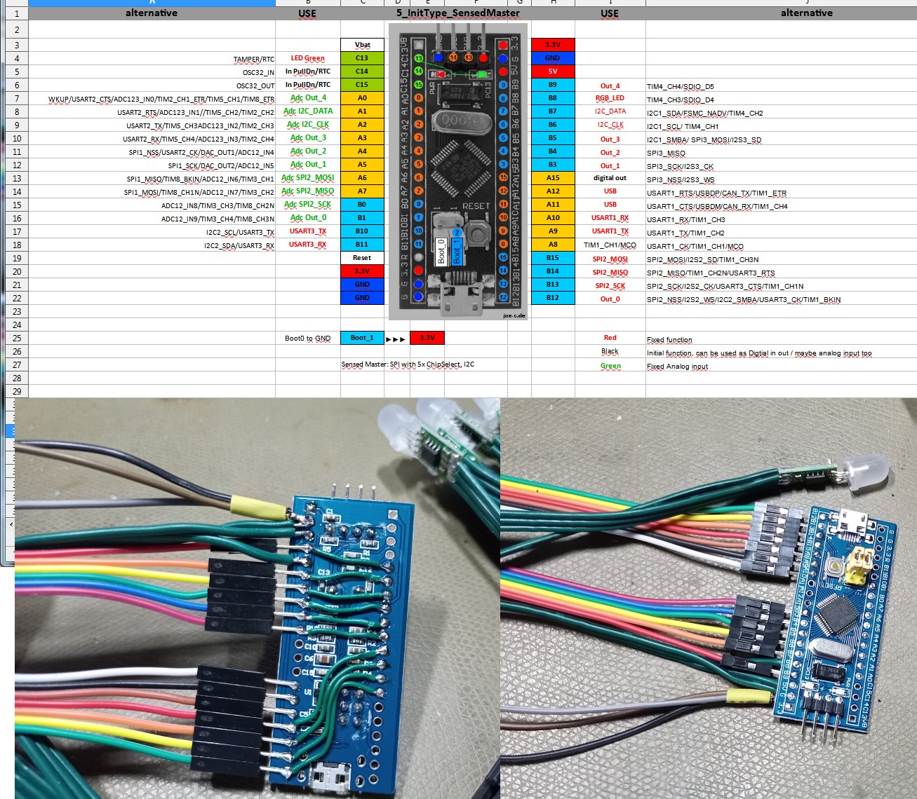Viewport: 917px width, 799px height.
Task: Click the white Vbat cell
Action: [x=362, y=45]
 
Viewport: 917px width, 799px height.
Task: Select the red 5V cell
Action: [x=553, y=71]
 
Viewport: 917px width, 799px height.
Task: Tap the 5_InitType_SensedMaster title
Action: [x=457, y=13]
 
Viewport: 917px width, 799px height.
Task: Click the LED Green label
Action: [x=307, y=58]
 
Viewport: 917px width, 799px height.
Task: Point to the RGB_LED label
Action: [x=610, y=98]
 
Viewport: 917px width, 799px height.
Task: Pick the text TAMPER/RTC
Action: [x=254, y=60]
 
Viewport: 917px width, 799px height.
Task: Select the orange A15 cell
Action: [x=553, y=178]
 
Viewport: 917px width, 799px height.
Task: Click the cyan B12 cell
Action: [x=553, y=298]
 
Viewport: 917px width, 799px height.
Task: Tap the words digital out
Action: [x=610, y=178]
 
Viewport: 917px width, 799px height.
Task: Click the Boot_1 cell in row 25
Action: [x=362, y=338]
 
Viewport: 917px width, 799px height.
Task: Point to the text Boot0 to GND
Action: [x=307, y=339]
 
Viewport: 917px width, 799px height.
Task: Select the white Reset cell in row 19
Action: [x=362, y=258]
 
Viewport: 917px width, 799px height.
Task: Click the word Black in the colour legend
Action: [x=610, y=351]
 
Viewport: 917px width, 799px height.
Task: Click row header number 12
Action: [x=16, y=165]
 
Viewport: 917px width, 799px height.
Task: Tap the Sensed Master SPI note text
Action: [x=408, y=364]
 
